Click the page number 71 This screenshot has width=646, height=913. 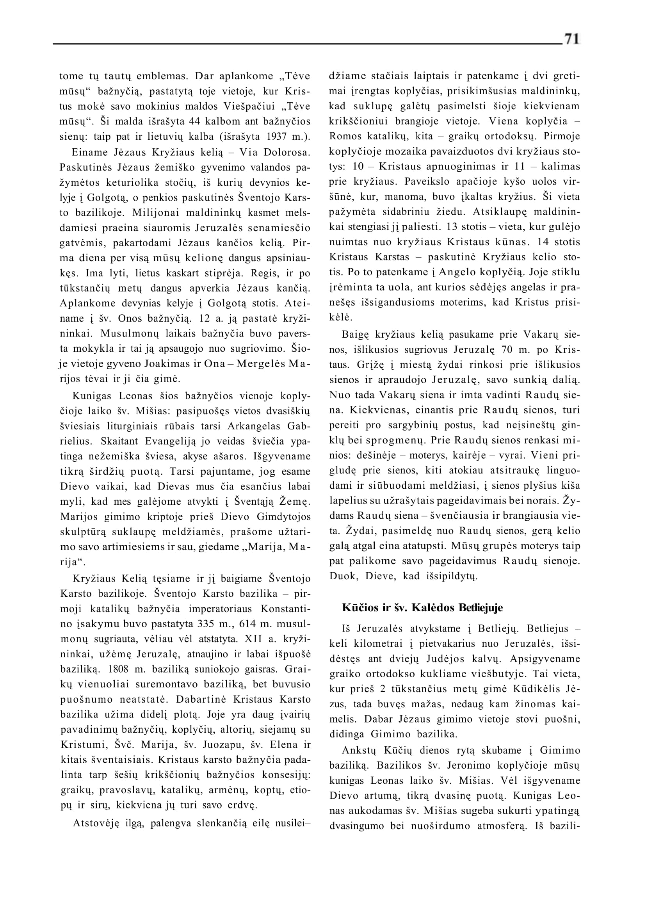click(x=571, y=39)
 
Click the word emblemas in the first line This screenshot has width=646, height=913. click(x=159, y=76)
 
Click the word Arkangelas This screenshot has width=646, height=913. click(x=257, y=426)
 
